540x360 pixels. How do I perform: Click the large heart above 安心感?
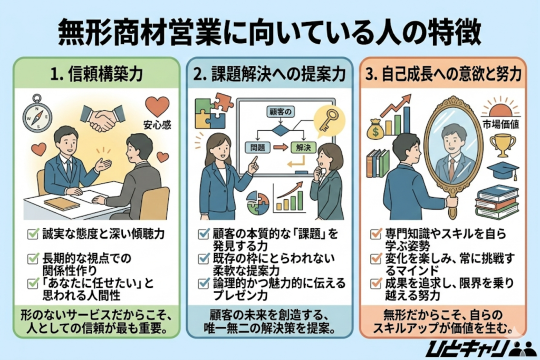(x=157, y=106)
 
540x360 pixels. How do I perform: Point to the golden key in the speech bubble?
(x=329, y=120)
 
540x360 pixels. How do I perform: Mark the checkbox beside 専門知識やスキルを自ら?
(x=376, y=232)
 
